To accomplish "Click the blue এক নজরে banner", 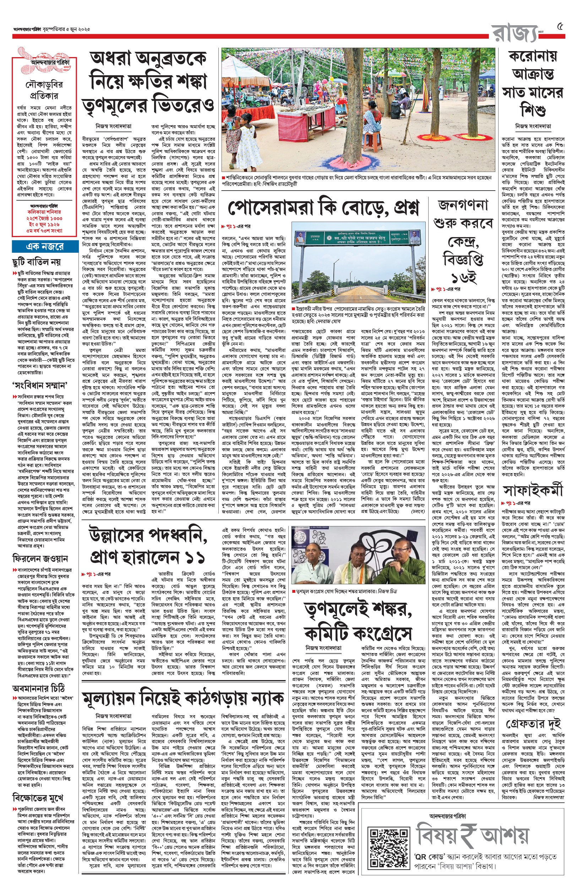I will [x=44, y=246].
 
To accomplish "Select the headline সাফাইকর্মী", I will [x=533, y=490].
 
